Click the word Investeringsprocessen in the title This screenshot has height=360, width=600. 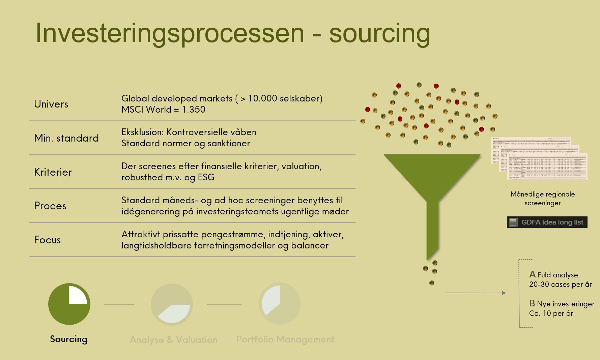coord(170,33)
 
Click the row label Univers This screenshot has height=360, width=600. coord(51,104)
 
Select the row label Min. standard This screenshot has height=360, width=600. coord(66,138)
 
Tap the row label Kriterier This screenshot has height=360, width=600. coord(53,172)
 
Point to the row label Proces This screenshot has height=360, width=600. coord(50,206)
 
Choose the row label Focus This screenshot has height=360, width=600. coord(48,240)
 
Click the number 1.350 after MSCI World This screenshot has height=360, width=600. coord(194,110)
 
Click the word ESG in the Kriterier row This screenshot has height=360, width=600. coord(206,177)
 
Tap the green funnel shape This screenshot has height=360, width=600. coord(432,182)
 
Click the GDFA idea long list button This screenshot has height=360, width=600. coord(547,222)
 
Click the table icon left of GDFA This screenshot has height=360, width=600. coord(513,222)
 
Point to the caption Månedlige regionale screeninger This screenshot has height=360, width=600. coord(543,199)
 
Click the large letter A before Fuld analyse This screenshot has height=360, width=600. coord(532,274)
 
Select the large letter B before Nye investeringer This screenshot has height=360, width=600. coord(532,303)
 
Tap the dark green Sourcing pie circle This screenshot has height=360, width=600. coord(69,304)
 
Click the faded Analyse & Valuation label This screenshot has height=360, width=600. coord(174,340)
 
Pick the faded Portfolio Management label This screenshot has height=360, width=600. coord(285,339)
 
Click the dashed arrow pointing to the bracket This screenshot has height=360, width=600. coord(476,293)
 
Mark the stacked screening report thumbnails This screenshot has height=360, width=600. coord(540,158)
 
